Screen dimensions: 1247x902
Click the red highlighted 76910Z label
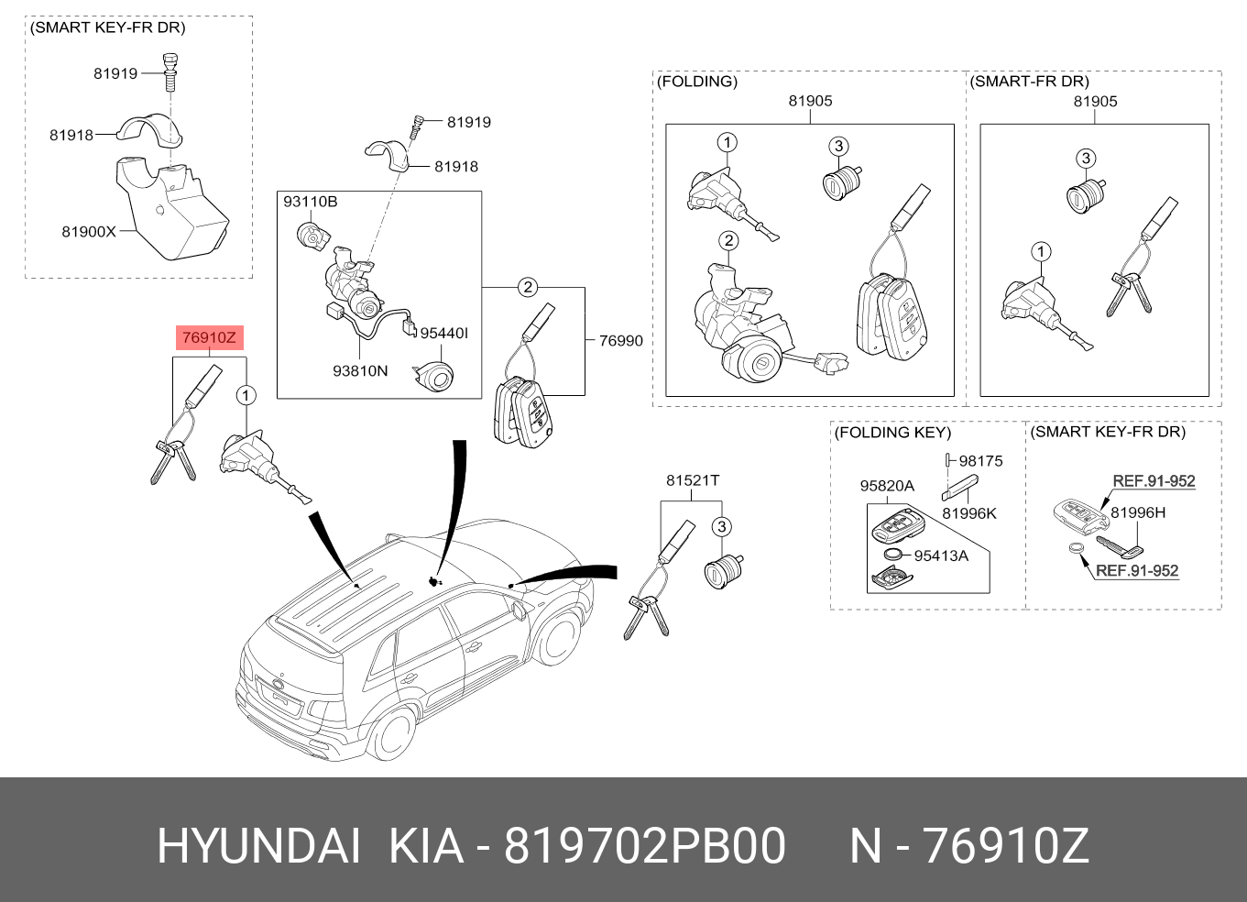coord(209,337)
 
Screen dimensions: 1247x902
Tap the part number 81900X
coord(89,232)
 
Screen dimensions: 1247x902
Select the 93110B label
coord(310,202)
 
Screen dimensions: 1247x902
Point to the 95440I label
coord(443,334)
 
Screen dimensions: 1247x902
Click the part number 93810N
coord(360,371)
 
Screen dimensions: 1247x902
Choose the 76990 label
coord(620,341)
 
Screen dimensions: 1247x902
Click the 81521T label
coord(693,480)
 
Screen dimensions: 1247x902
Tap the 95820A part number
coord(887,486)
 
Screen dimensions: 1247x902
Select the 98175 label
coord(981,461)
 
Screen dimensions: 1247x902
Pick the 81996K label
coord(969,513)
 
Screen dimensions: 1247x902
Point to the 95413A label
coord(941,555)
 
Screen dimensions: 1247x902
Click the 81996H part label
coord(1138,512)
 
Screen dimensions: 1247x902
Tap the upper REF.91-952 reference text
coord(1154,481)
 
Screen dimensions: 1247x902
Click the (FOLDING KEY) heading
coord(893,433)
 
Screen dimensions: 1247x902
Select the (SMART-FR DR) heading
coord(1029,82)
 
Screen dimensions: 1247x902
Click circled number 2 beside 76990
coord(527,287)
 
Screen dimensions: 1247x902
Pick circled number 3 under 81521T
coord(721,527)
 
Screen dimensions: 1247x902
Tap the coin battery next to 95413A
coord(893,555)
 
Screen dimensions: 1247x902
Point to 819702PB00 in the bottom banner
coord(645,846)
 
